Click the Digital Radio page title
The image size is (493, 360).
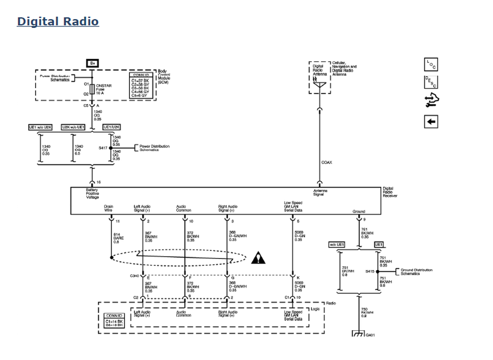[x=58, y=22]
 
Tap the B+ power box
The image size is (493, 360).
[x=92, y=63]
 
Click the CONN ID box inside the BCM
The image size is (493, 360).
[x=141, y=86]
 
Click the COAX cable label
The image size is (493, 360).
[x=326, y=163]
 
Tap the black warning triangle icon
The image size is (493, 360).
[x=259, y=258]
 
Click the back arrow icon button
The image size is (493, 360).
[x=431, y=122]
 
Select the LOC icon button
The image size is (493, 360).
[x=431, y=64]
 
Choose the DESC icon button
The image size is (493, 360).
[x=431, y=82]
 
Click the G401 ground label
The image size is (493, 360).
[x=370, y=335]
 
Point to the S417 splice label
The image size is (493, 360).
[x=103, y=148]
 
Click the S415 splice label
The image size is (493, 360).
[x=370, y=271]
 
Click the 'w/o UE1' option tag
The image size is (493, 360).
[x=337, y=245]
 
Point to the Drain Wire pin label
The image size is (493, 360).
[x=108, y=208]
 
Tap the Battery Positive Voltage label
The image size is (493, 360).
[x=92, y=193]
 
